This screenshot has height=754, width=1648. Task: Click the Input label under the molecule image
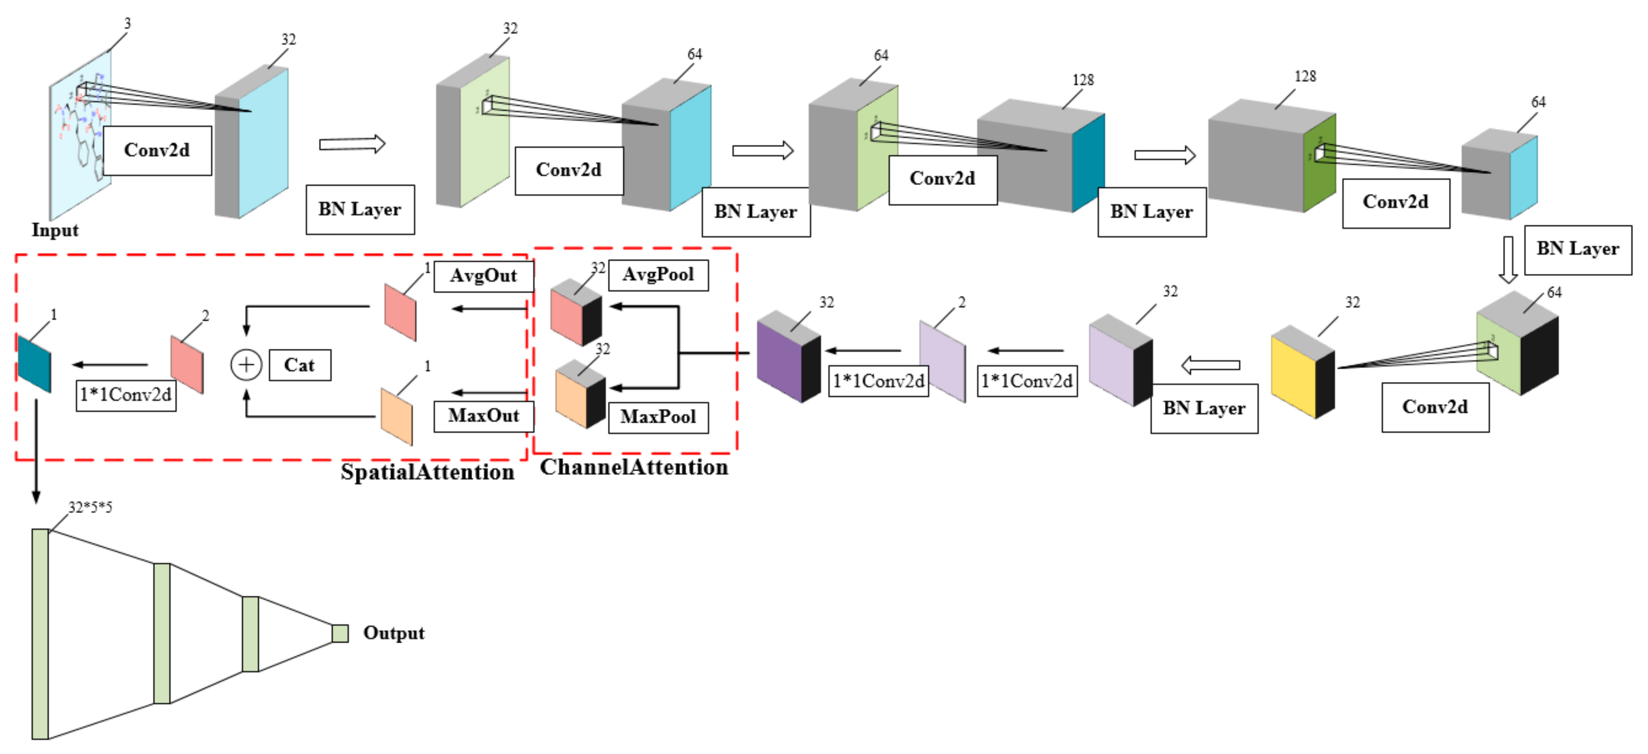click(55, 230)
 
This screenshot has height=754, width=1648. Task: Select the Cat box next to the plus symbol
click(300, 365)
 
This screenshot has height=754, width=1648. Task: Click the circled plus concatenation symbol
click(246, 365)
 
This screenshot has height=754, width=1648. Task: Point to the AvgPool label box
click(658, 275)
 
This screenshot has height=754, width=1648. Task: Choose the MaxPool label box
click(658, 417)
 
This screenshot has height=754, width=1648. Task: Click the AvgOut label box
click(483, 276)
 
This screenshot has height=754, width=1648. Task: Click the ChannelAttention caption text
click(633, 467)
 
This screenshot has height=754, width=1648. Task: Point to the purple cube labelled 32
click(779, 361)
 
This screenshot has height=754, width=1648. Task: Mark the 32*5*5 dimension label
click(90, 507)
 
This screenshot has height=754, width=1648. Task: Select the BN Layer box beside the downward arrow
click(1578, 250)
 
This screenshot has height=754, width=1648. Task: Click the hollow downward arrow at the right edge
click(1508, 260)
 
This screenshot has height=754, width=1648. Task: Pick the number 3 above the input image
click(127, 24)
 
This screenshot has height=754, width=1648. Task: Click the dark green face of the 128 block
click(1319, 166)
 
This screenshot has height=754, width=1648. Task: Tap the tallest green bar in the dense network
click(40, 633)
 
